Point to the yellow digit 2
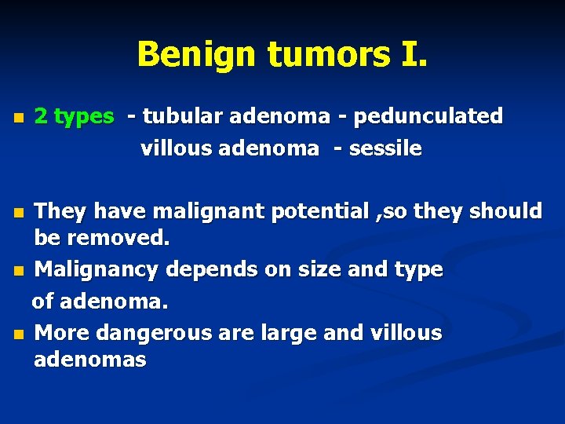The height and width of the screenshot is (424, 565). coord(41,117)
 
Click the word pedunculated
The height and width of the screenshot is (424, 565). coord(428,117)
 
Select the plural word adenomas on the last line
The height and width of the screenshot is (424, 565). coord(90,360)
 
